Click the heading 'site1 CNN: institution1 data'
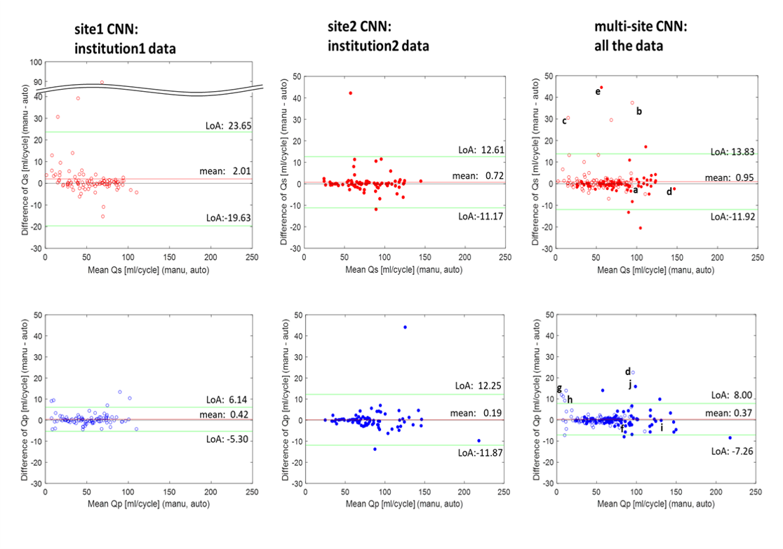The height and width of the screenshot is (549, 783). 126,40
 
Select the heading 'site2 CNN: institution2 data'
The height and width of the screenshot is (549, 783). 378,36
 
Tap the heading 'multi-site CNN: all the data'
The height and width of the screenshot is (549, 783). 640,36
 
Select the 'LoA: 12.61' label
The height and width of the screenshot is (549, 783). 481,150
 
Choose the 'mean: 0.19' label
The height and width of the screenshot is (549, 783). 481,414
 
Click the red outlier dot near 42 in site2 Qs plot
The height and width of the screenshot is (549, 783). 351,93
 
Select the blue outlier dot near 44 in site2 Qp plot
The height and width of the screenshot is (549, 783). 405,327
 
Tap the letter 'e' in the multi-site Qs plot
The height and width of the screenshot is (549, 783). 597,92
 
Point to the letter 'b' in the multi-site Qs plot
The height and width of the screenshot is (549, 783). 638,111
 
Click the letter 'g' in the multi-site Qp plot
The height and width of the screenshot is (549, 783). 558,388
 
